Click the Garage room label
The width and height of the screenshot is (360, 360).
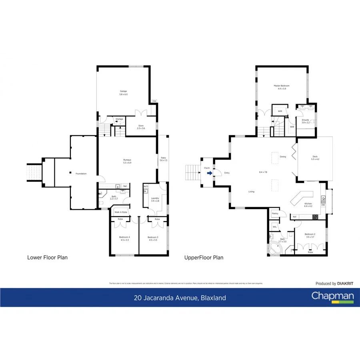123,91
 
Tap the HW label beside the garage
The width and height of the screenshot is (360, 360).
154,102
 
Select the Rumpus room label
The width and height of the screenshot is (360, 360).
127,160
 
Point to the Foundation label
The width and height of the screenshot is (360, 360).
81,174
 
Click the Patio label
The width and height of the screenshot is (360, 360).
163,158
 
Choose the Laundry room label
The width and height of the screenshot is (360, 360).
154,199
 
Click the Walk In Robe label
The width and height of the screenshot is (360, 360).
121,212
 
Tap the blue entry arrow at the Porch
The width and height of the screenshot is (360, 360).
209,173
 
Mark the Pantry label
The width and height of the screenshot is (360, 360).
275,214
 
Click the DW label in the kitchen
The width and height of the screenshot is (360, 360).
323,205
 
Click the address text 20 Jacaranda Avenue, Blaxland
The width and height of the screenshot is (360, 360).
180,298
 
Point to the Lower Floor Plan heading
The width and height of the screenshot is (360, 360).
47,257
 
